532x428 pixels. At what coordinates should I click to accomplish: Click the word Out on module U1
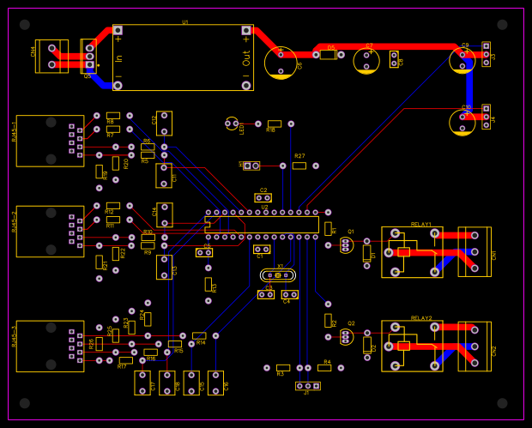[x=246, y=58]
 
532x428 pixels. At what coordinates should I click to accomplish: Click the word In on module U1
[x=119, y=58]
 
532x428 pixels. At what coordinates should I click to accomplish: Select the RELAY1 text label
[x=421, y=224]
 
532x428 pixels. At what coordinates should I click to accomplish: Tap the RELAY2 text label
[x=421, y=317]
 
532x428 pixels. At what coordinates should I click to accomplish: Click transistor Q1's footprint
[x=346, y=245]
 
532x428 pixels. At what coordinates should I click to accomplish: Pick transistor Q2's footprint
[x=346, y=337]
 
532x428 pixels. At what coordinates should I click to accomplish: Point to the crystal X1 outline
[x=278, y=275]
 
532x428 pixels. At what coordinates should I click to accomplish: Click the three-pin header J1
[x=307, y=386]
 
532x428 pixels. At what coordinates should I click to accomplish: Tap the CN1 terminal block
[x=474, y=252]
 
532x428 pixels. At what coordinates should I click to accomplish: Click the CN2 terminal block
[x=474, y=346]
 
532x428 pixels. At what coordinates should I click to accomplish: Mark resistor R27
[x=299, y=166]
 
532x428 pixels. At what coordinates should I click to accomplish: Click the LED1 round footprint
[x=231, y=124]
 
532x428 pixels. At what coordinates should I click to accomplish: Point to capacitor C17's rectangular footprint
[x=142, y=383]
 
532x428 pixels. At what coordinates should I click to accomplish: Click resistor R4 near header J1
[x=324, y=367]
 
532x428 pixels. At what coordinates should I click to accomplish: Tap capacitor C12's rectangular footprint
[x=164, y=123]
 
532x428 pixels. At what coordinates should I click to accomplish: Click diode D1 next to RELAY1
[x=367, y=252]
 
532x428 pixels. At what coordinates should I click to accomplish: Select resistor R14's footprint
[x=199, y=335]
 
